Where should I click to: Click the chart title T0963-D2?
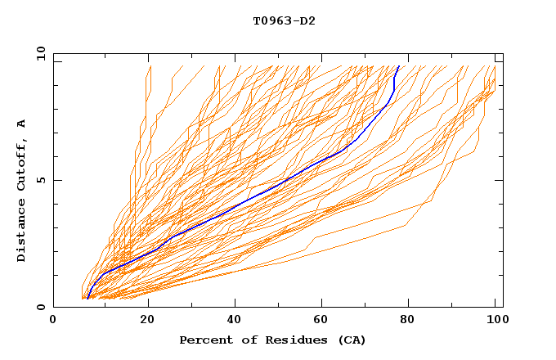[x=284, y=20]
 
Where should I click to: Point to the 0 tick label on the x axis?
[x=53, y=322]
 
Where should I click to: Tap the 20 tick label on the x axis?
[x=148, y=322]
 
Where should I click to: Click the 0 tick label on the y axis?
[x=40, y=308]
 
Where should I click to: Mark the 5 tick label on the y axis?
[x=40, y=180]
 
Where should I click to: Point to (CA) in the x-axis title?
[x=350, y=340]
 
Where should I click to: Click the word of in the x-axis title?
[x=244, y=340]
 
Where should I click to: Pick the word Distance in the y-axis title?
[x=21, y=232]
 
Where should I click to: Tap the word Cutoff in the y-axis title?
[x=21, y=163]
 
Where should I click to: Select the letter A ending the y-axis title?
[x=21, y=124]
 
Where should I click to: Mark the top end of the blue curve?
[x=398, y=66]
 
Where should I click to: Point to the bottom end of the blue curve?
[x=87, y=299]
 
